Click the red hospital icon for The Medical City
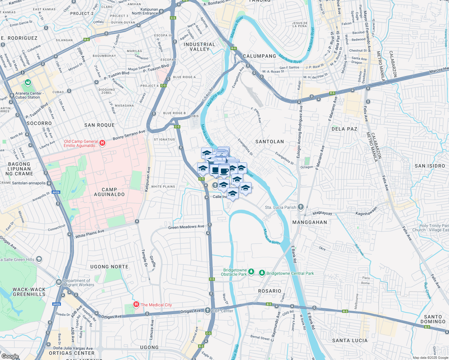[136, 305]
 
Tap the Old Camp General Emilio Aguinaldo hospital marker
[102, 143]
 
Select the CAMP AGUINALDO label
[109, 192]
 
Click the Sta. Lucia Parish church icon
[300, 207]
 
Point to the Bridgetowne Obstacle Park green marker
[251, 272]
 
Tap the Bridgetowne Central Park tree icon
[262, 273]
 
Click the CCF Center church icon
[207, 310]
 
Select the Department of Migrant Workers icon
[59, 282]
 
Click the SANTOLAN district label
[270, 142]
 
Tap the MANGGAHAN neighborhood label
[310, 222]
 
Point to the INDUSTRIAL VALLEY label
[199, 47]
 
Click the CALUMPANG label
[259, 56]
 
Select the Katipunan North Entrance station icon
[161, 11]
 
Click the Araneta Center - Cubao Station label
[28, 95]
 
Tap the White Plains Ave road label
[90, 234]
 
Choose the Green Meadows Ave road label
[186, 227]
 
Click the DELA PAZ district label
[344, 129]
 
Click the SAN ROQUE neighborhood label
[99, 125]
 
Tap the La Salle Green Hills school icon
[39, 259]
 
